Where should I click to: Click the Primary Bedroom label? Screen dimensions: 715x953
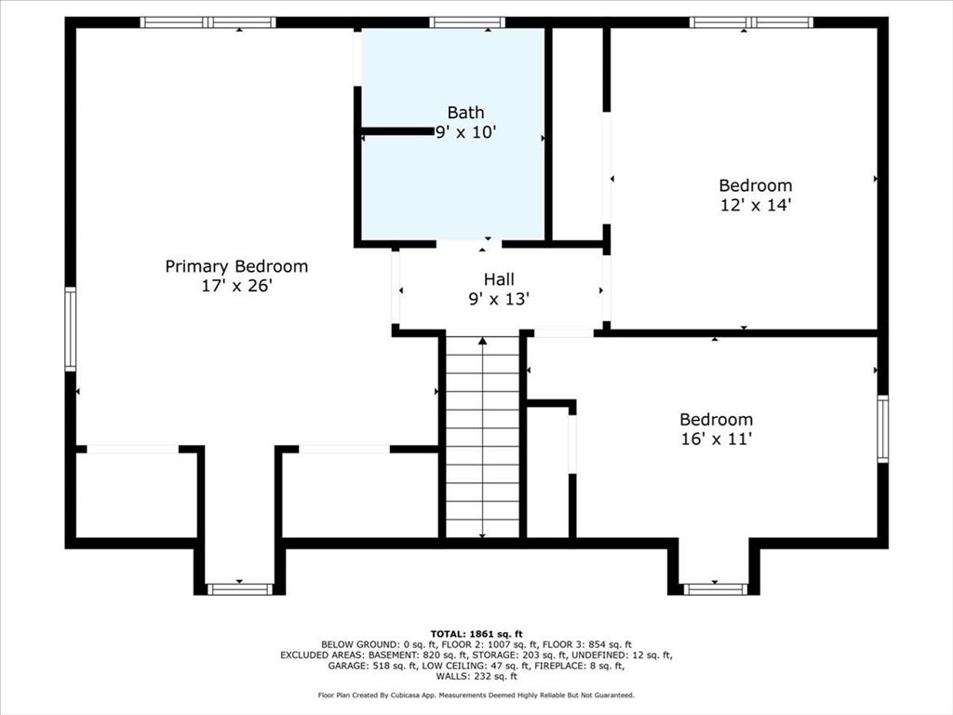click(x=236, y=266)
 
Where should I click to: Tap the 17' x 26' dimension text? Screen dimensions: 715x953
click(x=236, y=287)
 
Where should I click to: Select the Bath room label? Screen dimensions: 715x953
click(x=465, y=113)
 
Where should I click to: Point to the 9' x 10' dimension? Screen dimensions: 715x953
click(x=465, y=133)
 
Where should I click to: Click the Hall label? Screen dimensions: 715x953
click(x=499, y=278)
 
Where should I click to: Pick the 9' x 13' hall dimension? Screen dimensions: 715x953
click(x=499, y=299)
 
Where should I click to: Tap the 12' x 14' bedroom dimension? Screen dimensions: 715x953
click(x=755, y=206)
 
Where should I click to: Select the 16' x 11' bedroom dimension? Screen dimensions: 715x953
click(x=716, y=439)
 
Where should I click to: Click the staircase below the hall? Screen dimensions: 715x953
click(x=482, y=438)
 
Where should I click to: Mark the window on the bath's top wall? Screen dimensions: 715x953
click(x=467, y=22)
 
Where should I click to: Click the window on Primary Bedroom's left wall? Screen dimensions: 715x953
click(x=71, y=330)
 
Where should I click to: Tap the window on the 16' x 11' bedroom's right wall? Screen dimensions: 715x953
click(x=882, y=428)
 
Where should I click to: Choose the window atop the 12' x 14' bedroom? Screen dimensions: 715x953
click(x=751, y=22)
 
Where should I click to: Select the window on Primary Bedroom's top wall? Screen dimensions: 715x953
click(x=208, y=22)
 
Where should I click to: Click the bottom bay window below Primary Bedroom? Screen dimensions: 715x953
click(x=239, y=588)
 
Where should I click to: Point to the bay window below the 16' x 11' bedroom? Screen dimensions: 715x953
click(x=715, y=588)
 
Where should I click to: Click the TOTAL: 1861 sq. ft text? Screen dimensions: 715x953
click(x=476, y=633)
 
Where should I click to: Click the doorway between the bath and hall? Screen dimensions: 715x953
click(x=469, y=244)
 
